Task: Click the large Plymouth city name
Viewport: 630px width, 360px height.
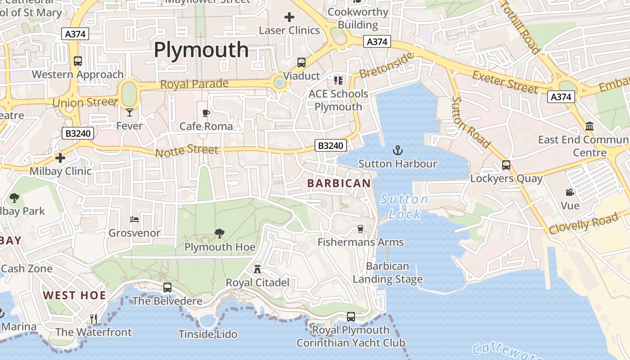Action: (201, 50)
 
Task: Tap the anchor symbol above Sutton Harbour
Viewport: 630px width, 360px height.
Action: (397, 150)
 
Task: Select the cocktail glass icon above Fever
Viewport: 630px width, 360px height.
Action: (130, 112)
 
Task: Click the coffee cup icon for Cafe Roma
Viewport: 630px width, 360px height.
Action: (206, 113)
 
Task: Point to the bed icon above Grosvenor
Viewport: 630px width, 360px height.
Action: (135, 220)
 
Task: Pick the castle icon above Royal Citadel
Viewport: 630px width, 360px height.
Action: (257, 269)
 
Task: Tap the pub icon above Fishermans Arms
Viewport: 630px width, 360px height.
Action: (360, 229)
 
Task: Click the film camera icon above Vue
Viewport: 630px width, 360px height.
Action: (570, 192)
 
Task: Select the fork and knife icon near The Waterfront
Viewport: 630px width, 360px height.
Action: (94, 319)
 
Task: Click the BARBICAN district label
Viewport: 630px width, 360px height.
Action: (339, 184)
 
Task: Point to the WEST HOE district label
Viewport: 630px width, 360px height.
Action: (75, 296)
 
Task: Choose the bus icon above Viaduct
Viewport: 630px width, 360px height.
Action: (301, 63)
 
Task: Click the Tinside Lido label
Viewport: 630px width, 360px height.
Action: (207, 334)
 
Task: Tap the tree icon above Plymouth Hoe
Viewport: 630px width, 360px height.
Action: (220, 233)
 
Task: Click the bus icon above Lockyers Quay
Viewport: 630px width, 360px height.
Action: (506, 165)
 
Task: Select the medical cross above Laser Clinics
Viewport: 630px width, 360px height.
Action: (289, 17)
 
